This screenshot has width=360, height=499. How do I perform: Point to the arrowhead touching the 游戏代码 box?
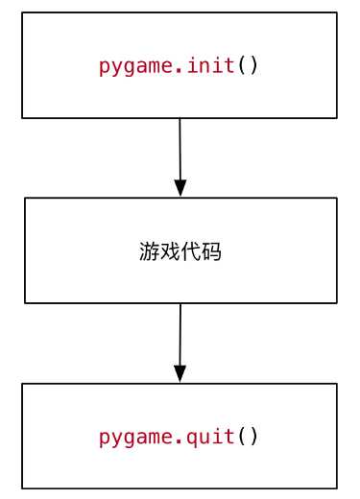(x=180, y=187)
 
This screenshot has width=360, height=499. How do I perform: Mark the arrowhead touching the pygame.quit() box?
(x=180, y=373)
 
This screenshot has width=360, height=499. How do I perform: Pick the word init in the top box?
(x=212, y=66)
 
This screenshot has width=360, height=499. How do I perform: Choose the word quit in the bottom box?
(x=212, y=437)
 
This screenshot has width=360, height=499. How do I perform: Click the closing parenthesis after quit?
(x=253, y=438)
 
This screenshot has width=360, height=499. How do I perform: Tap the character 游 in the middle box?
(x=149, y=252)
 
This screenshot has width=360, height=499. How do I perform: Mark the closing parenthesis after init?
(x=253, y=67)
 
